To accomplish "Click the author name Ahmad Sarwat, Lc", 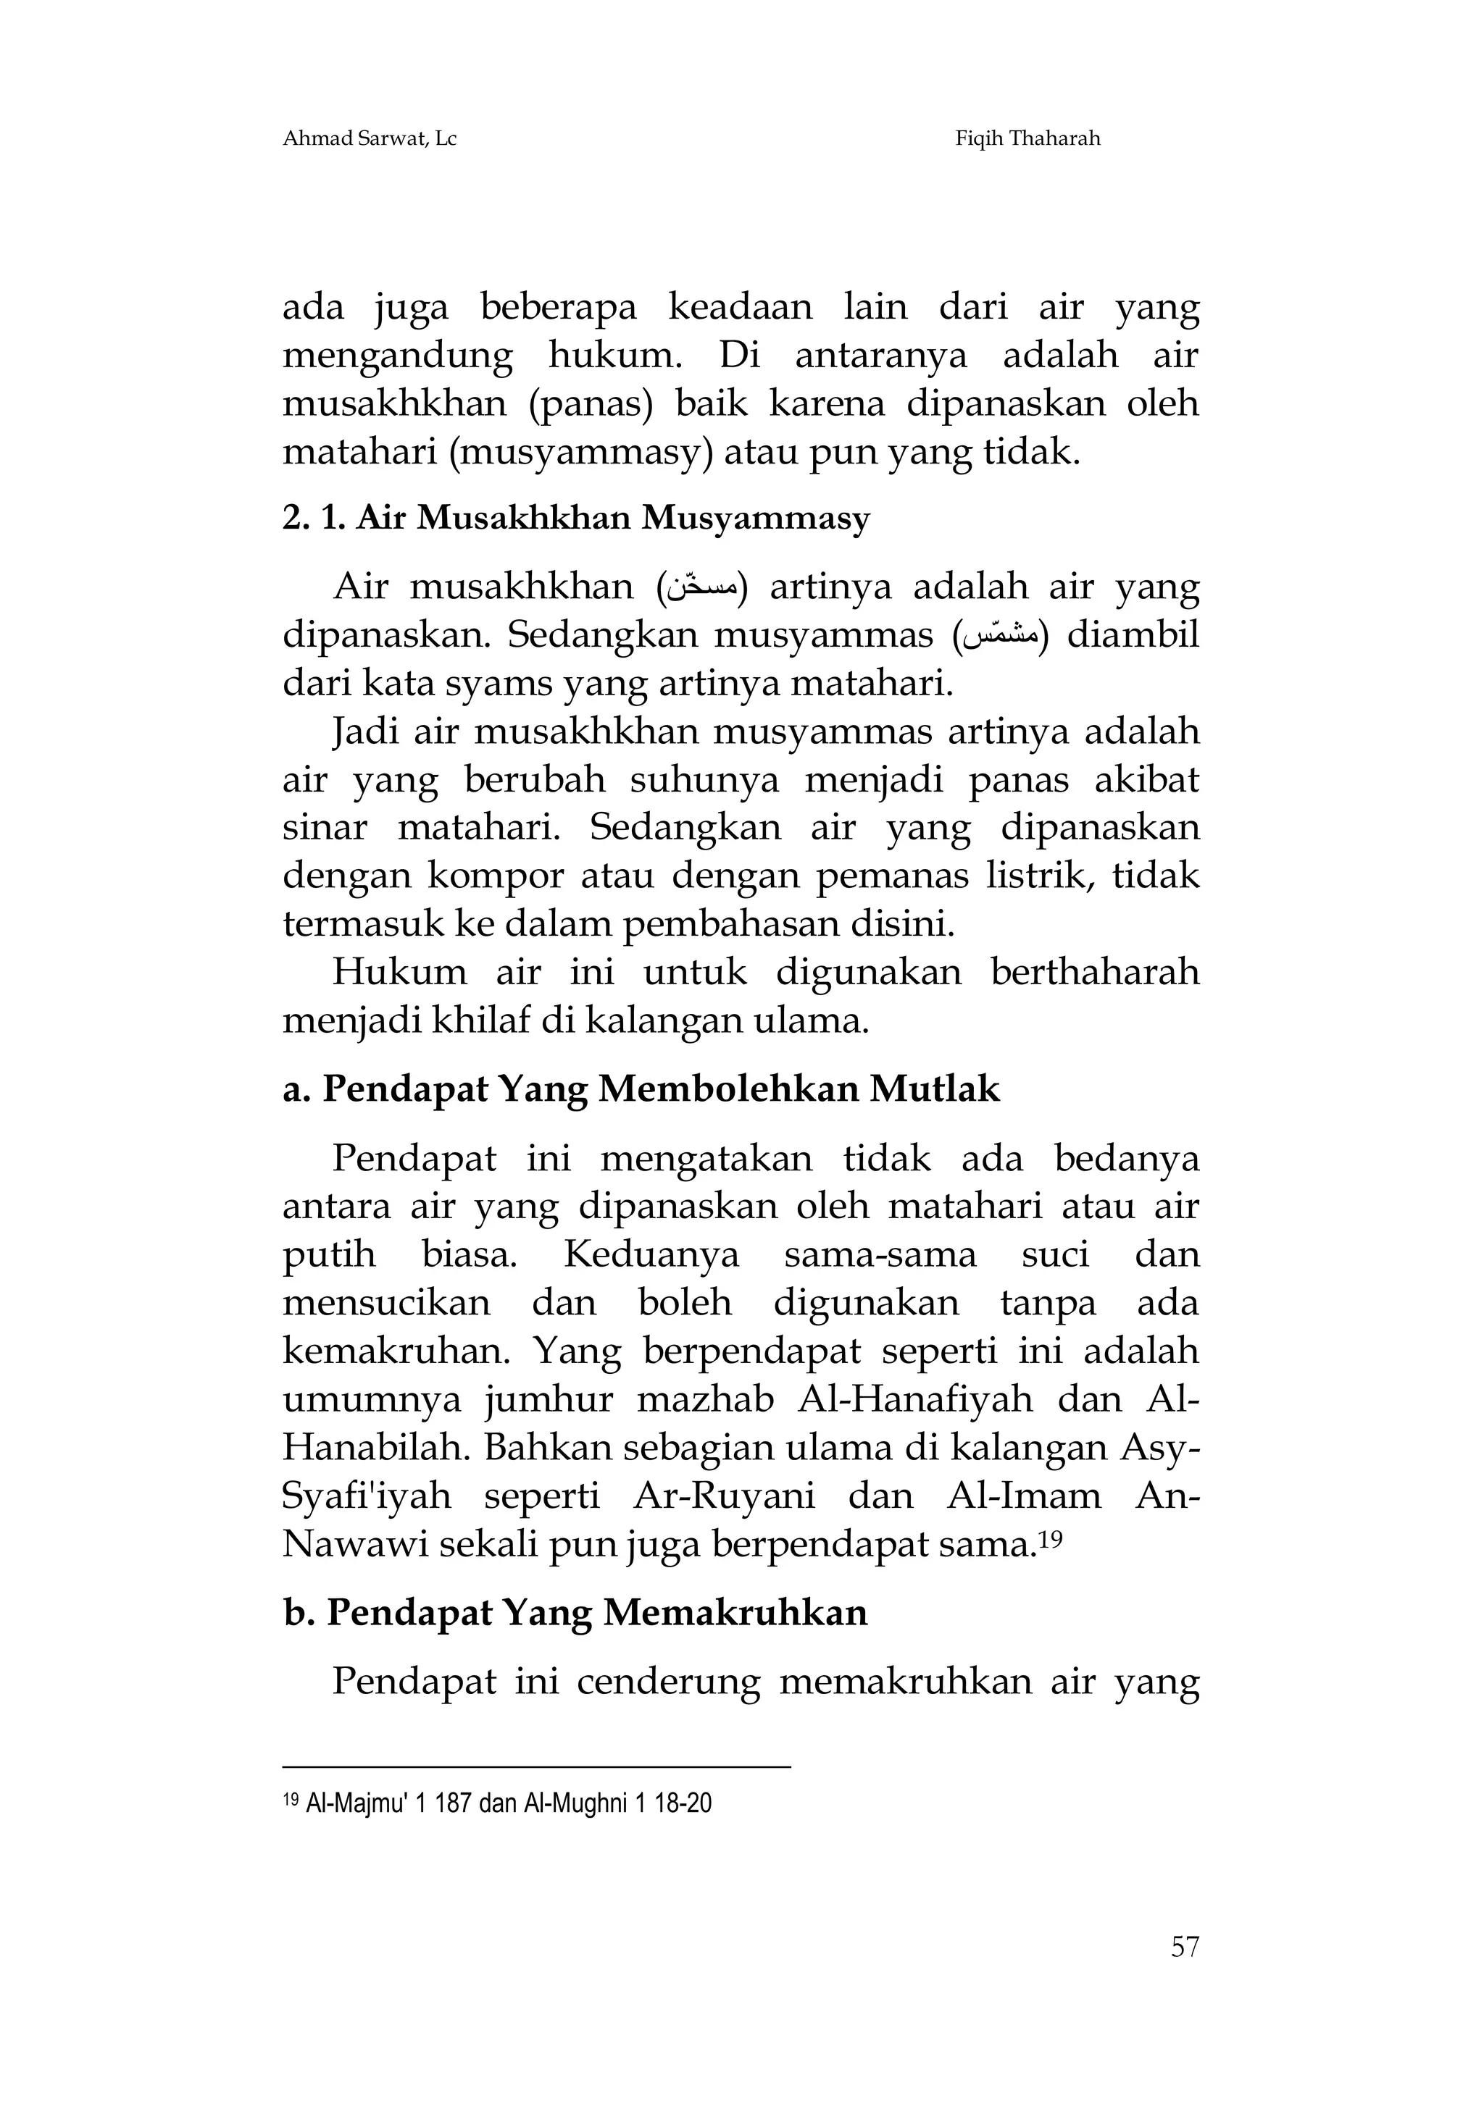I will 369,139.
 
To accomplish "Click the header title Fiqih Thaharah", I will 1027,139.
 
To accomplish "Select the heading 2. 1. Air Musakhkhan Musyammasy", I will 576,519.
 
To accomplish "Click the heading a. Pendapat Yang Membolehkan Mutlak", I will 641,1089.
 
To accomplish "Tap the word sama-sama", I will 880,1254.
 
